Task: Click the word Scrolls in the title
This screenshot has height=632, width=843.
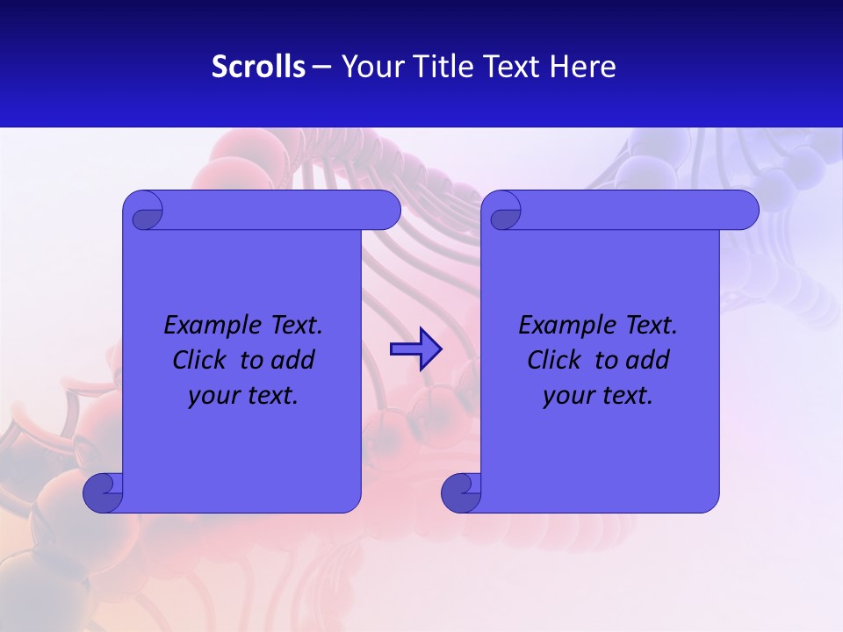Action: click(258, 67)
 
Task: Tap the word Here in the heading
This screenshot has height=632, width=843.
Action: click(582, 67)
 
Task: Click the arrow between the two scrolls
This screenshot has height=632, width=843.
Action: click(415, 349)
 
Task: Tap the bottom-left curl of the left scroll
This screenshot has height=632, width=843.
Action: click(102, 492)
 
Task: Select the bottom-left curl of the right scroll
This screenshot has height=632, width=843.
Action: click(460, 492)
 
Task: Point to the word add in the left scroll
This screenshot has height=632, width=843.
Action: click(292, 360)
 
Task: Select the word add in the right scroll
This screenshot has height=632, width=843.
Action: click(647, 360)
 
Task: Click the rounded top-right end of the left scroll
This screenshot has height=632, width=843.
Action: click(386, 211)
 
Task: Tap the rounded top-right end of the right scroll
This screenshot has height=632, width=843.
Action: click(745, 211)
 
